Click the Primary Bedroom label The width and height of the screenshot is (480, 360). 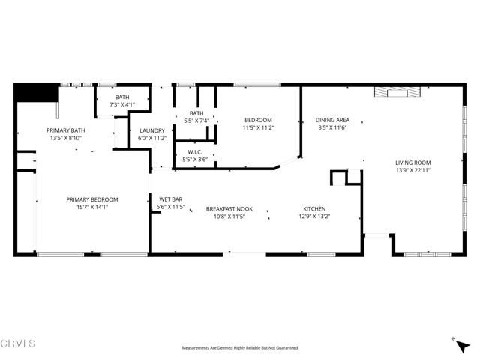(92, 199)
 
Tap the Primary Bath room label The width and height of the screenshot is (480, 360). (67, 130)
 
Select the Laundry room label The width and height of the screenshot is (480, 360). (152, 130)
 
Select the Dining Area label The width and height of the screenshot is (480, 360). (332, 120)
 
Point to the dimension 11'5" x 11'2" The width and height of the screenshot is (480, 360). (257, 128)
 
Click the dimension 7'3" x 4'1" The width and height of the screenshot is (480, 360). (122, 105)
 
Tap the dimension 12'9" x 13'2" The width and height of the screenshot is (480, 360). (314, 217)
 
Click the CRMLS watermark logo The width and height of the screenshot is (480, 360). (18, 343)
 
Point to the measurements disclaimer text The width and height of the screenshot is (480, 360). (240, 348)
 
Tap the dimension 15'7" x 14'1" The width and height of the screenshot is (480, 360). (92, 208)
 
